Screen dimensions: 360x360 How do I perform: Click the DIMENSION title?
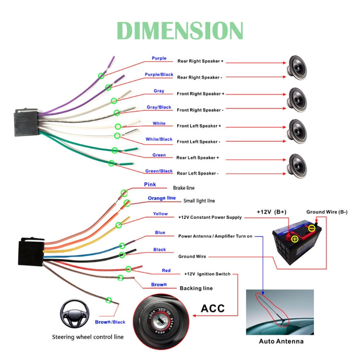[x=180, y=30]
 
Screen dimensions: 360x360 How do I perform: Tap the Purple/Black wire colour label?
[x=159, y=75]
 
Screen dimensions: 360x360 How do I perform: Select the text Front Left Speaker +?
[x=199, y=126]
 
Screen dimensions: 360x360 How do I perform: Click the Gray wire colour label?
[x=159, y=91]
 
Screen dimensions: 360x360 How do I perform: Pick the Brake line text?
[x=184, y=188]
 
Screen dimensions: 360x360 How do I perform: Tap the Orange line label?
[x=161, y=198]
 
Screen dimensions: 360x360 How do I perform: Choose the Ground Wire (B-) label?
[x=327, y=212]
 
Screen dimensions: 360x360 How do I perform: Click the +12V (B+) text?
[x=271, y=212]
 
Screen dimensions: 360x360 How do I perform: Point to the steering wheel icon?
[x=73, y=312]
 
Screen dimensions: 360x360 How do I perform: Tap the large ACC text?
[x=213, y=308]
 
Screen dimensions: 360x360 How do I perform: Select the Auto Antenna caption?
[x=281, y=341]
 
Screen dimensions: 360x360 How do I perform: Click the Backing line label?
[x=196, y=288]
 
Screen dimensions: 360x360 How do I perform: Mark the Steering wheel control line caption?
[x=88, y=337]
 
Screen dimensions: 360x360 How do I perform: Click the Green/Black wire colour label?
[x=159, y=171]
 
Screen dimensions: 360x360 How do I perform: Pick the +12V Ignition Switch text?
[x=207, y=274]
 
